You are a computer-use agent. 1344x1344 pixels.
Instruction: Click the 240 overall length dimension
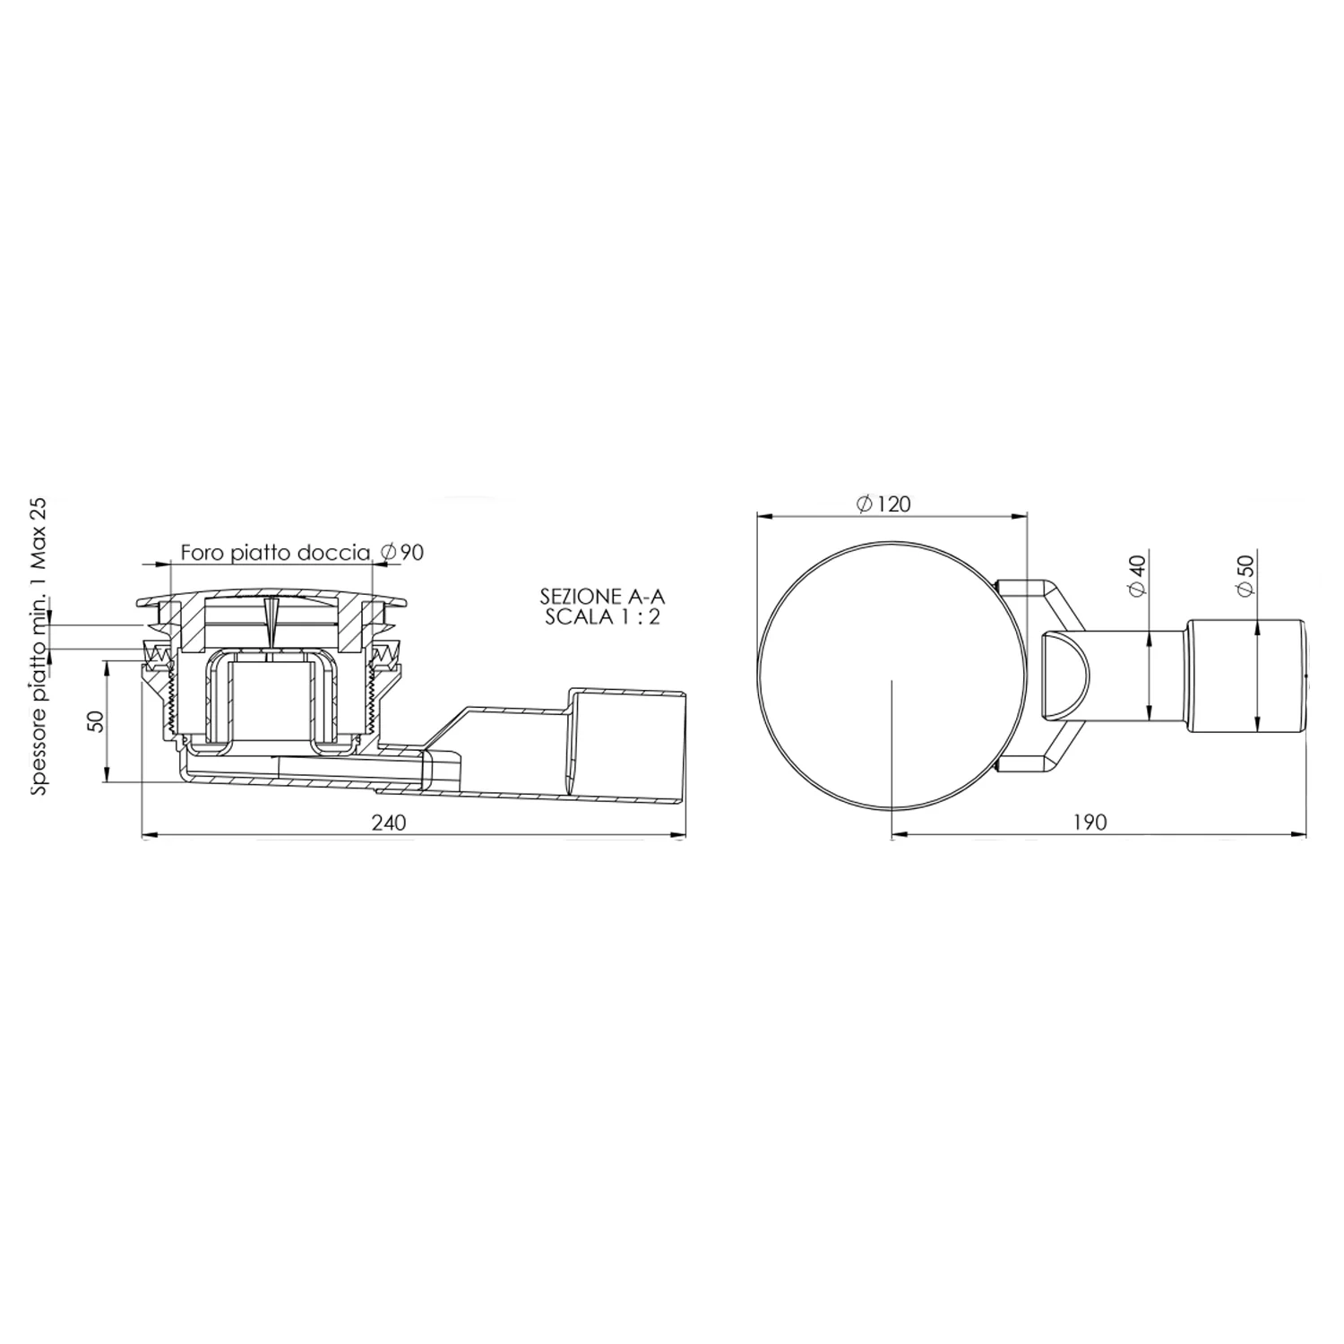[388, 823]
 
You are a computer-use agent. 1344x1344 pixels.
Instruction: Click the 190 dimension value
[1090, 823]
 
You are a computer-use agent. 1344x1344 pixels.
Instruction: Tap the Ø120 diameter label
[883, 504]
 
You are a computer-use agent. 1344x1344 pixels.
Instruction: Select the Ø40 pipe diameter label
[1137, 575]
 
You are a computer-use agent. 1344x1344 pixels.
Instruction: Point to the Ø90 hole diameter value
[401, 552]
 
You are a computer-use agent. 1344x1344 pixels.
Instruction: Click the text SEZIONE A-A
[601, 596]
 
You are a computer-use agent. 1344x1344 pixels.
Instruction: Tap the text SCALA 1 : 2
[602, 617]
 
